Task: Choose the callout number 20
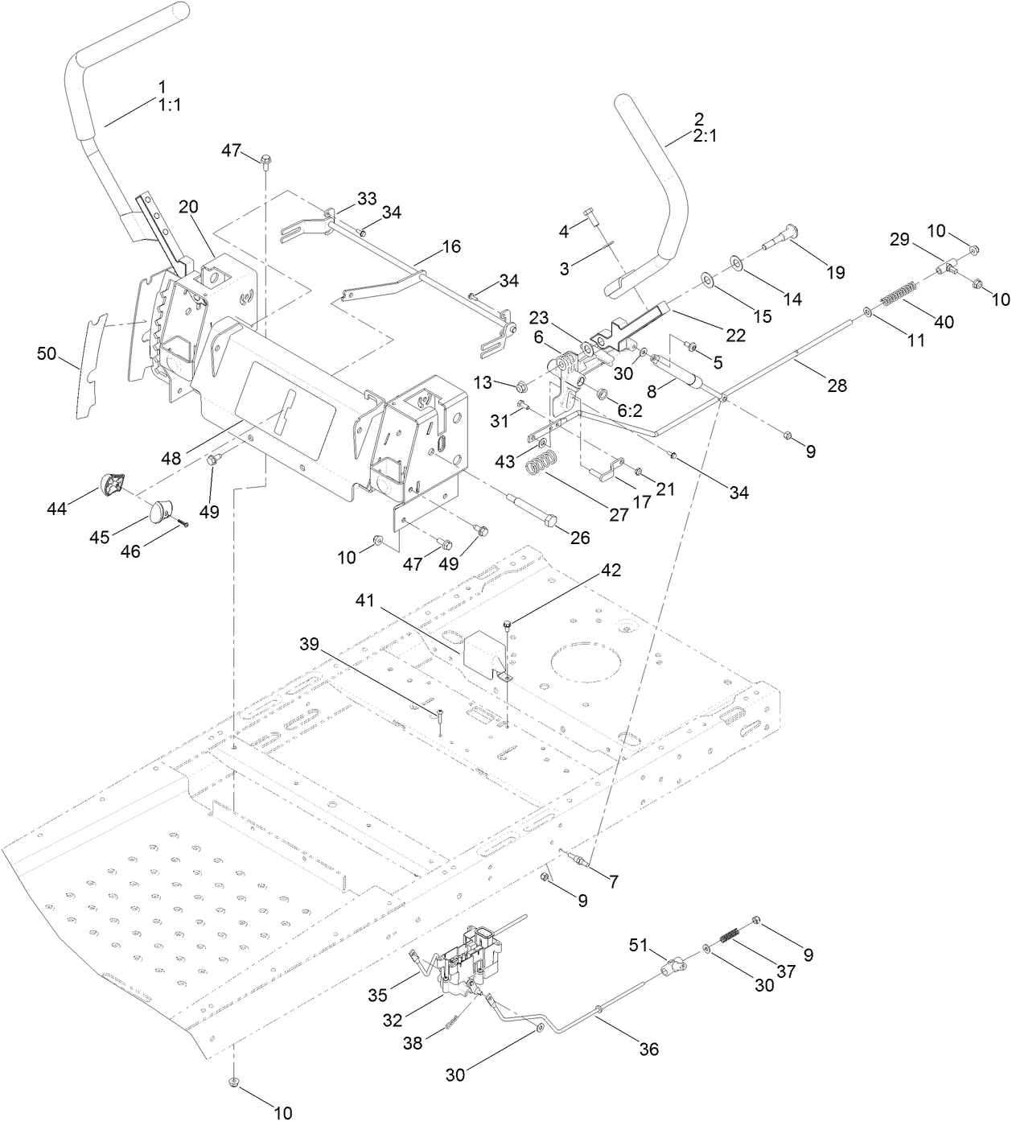pyautogui.click(x=188, y=207)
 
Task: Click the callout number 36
pyautogui.click(x=648, y=1049)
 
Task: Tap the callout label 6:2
pyautogui.click(x=630, y=410)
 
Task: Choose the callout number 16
pyautogui.click(x=451, y=246)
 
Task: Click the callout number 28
pyautogui.click(x=837, y=386)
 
